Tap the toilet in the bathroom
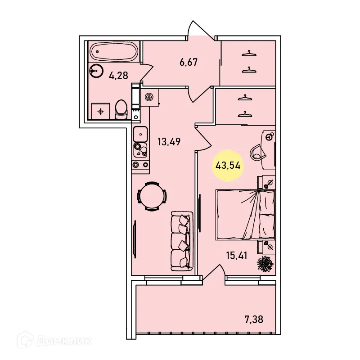121,109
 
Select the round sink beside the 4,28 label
96,70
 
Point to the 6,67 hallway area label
189,62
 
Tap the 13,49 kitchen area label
169,142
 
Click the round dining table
152,196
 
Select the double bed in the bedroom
246,214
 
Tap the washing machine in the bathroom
100,111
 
